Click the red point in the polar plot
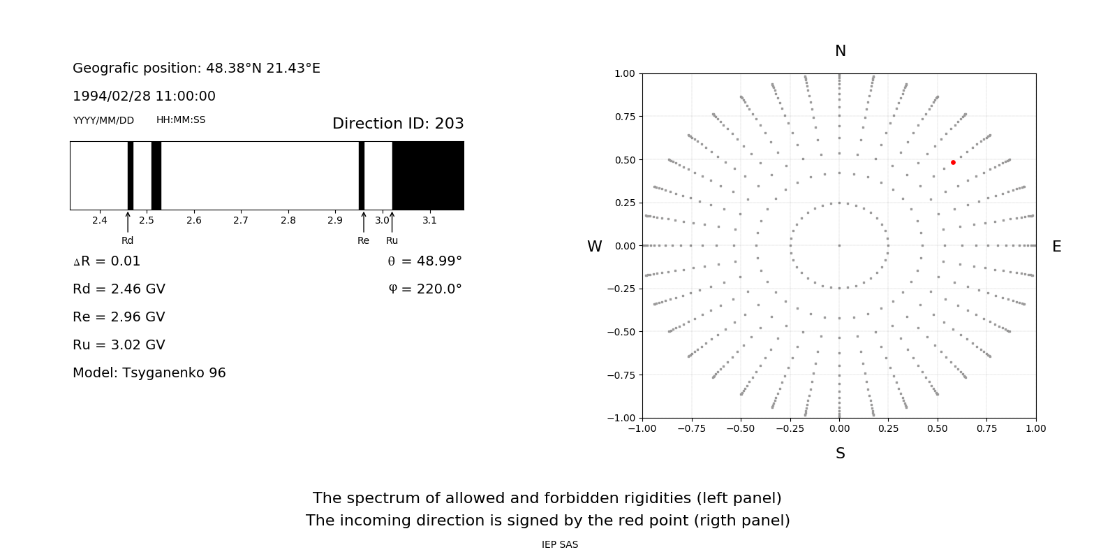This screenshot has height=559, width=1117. (x=953, y=162)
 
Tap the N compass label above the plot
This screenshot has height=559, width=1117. (x=841, y=51)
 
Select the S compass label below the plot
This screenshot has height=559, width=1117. (x=841, y=453)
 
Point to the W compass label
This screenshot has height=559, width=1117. (x=594, y=247)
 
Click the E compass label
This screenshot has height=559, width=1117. (x=1056, y=247)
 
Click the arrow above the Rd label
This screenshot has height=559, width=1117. (x=128, y=222)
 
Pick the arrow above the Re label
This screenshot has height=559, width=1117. (x=364, y=222)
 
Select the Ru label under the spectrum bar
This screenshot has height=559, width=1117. (x=392, y=240)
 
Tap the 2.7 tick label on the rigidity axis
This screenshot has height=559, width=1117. (x=241, y=220)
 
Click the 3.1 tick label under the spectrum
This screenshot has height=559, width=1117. (x=429, y=220)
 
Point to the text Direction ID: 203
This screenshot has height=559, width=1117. (x=398, y=124)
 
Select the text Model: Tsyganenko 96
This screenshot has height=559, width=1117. (x=149, y=372)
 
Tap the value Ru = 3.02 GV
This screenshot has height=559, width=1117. (x=119, y=344)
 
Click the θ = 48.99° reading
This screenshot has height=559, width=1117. (x=424, y=261)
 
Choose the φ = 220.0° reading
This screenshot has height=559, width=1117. (x=425, y=289)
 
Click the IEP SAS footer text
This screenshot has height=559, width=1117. (x=560, y=544)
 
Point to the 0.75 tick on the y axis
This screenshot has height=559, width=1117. (x=625, y=117)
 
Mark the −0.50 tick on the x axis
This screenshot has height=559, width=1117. (x=741, y=428)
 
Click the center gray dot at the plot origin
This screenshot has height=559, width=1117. (x=839, y=245)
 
